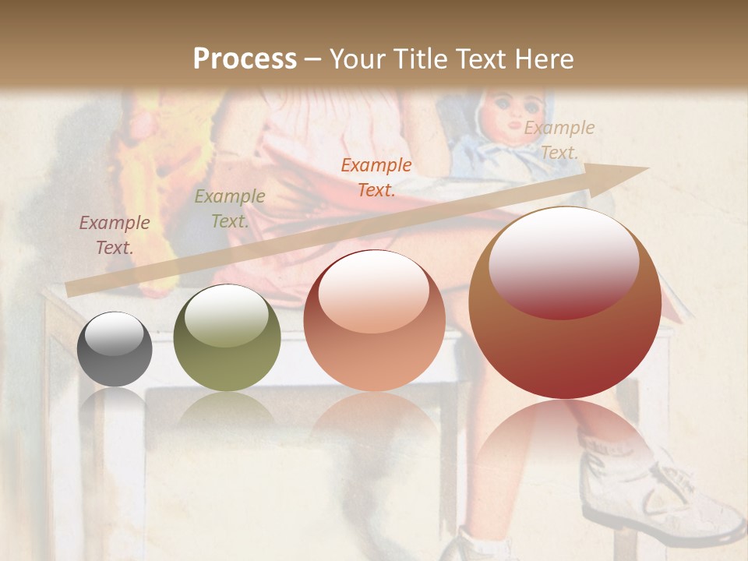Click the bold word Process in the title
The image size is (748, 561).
pos(245,59)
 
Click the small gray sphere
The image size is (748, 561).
pos(115,349)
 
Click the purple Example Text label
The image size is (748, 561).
pos(115,235)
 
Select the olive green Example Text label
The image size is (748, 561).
pos(229,209)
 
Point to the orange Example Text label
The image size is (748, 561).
pos(376,178)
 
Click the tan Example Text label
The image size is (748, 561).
pos(559,140)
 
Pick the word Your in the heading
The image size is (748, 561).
pos(355,59)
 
